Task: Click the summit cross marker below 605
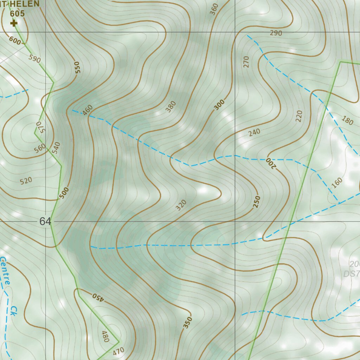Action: tap(14, 24)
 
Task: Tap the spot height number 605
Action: tap(17, 14)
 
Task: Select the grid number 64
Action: tap(45, 221)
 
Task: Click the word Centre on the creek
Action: tap(5, 271)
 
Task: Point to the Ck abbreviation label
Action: tap(13, 310)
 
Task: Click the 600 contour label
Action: tap(15, 40)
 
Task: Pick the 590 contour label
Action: tap(35, 59)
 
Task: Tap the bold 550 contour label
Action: tap(77, 67)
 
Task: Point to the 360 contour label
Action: tap(214, 9)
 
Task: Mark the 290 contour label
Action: tap(276, 33)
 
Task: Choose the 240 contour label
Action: tap(254, 132)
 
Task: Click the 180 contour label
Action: tap(347, 121)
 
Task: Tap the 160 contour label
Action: tap(337, 182)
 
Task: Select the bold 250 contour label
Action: tap(257, 201)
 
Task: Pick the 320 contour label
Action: tap(181, 205)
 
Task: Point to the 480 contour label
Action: tap(105, 336)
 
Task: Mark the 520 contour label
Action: tap(26, 181)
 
